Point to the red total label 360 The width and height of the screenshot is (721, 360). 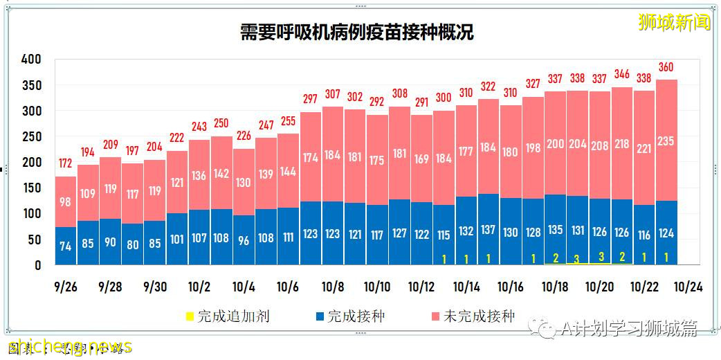[x=666, y=67]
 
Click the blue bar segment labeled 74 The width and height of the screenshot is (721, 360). [x=65, y=246]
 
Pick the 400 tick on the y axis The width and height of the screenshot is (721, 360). [x=32, y=60]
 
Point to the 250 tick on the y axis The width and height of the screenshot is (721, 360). [x=32, y=136]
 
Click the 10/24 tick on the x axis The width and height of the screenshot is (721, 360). [x=689, y=287]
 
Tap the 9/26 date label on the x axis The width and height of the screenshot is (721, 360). [x=65, y=287]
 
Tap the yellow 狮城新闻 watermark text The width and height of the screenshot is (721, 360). [x=674, y=22]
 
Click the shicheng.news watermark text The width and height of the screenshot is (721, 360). [x=69, y=346]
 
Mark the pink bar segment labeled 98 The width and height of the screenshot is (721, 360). [x=65, y=201]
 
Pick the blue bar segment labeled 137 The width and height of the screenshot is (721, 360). [x=489, y=229]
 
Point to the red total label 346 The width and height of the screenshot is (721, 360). [x=622, y=74]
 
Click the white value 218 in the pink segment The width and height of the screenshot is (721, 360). [x=622, y=144]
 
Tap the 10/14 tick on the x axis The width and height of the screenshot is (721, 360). [x=466, y=287]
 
